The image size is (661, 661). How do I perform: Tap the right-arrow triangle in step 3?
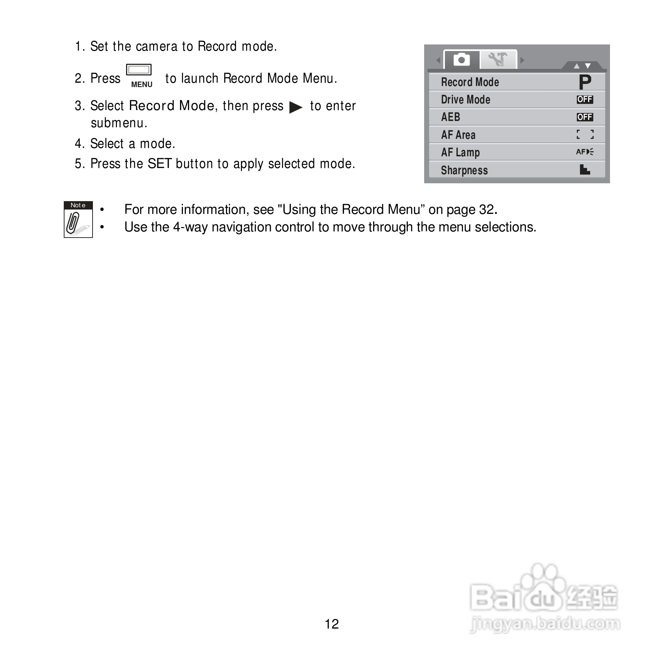click(296, 107)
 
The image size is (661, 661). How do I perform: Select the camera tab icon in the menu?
click(461, 59)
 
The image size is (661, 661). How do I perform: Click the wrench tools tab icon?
click(498, 59)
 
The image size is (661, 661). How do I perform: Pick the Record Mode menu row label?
click(470, 82)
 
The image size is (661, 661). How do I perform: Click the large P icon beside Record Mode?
click(584, 82)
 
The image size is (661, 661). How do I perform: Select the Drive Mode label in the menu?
click(465, 100)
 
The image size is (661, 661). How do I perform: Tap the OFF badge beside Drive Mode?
click(584, 99)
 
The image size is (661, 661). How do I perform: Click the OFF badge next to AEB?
click(584, 117)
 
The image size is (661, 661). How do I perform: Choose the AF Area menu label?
click(458, 135)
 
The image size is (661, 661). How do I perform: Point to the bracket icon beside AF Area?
click(585, 134)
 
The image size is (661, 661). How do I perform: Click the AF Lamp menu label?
click(460, 152)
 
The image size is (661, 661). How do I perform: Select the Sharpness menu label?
click(464, 170)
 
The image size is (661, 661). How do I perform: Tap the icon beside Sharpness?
click(584, 169)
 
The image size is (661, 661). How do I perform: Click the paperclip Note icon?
click(78, 220)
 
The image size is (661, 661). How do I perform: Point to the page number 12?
click(332, 624)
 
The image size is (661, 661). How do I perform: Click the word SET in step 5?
click(159, 164)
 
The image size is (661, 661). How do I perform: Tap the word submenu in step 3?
click(118, 123)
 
